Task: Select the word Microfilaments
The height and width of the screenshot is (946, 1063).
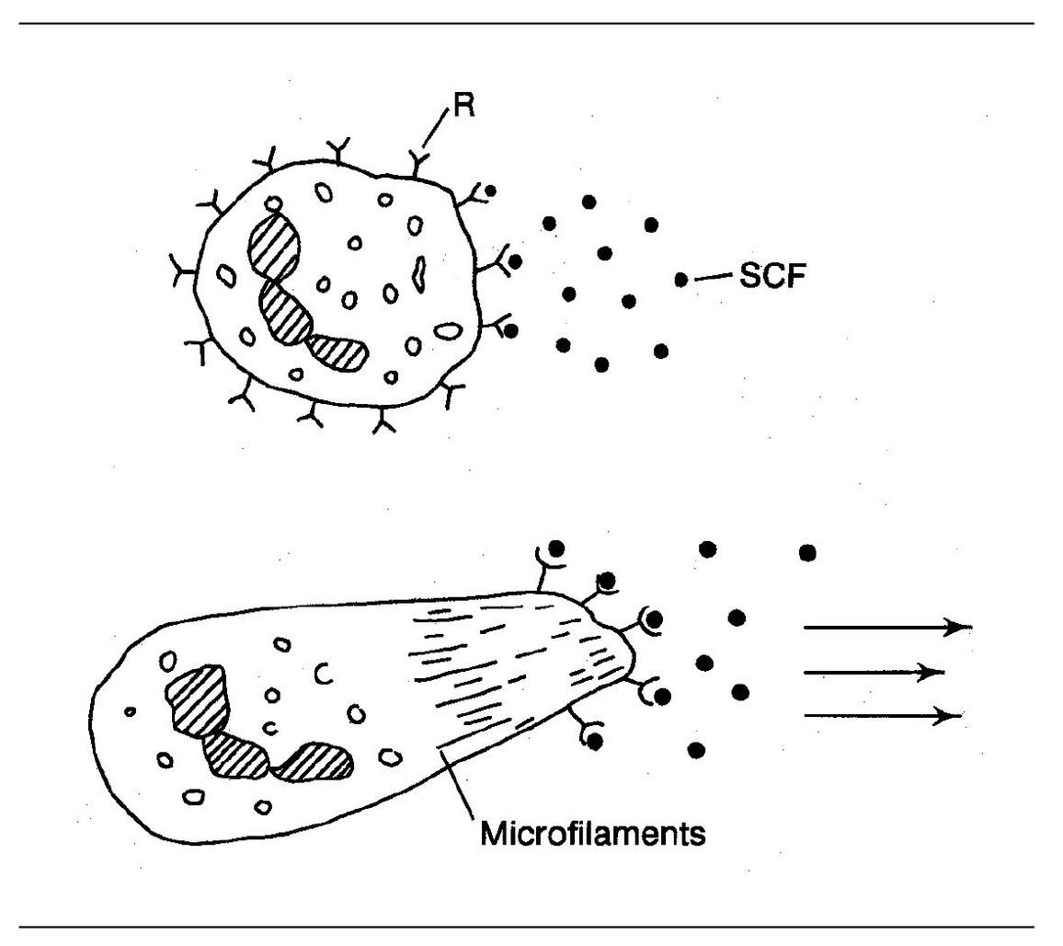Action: (x=593, y=836)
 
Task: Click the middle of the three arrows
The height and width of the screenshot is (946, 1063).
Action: (x=874, y=673)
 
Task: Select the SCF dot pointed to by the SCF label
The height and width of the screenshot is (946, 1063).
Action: (x=681, y=278)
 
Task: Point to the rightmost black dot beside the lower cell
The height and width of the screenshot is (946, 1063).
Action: (x=807, y=552)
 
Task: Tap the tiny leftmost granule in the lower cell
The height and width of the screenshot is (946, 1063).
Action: (x=131, y=710)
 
